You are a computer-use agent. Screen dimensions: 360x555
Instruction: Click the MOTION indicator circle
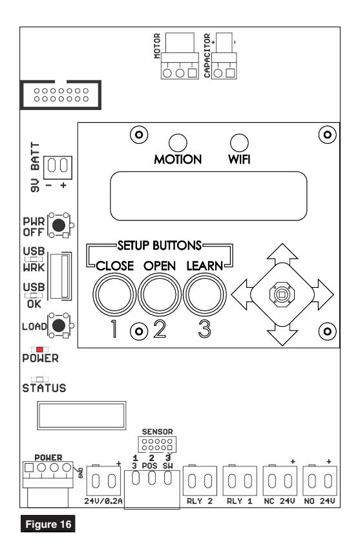tap(178, 143)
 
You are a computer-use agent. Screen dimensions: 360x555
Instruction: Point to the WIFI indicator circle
tap(239, 143)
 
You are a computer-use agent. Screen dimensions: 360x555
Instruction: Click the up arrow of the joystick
tap(282, 254)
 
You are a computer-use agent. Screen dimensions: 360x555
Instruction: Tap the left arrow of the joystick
tap(242, 294)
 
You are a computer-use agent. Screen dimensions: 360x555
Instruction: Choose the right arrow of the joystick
tap(323, 294)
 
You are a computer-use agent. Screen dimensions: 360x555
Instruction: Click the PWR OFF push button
tap(59, 225)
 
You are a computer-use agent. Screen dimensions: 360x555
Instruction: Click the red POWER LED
tap(39, 349)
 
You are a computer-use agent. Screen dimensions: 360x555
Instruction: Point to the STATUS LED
tap(39, 380)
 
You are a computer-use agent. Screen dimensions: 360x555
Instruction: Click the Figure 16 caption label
tap(48, 524)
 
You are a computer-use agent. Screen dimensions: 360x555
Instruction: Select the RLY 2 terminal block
tap(200, 481)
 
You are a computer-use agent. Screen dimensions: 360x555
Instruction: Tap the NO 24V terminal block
tap(320, 481)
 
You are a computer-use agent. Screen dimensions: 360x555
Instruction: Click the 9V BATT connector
tap(58, 168)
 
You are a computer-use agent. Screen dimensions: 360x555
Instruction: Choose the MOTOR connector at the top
tap(180, 56)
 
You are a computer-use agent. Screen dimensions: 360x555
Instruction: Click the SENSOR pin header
tap(157, 444)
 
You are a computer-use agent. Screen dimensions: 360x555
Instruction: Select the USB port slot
tap(61, 276)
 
